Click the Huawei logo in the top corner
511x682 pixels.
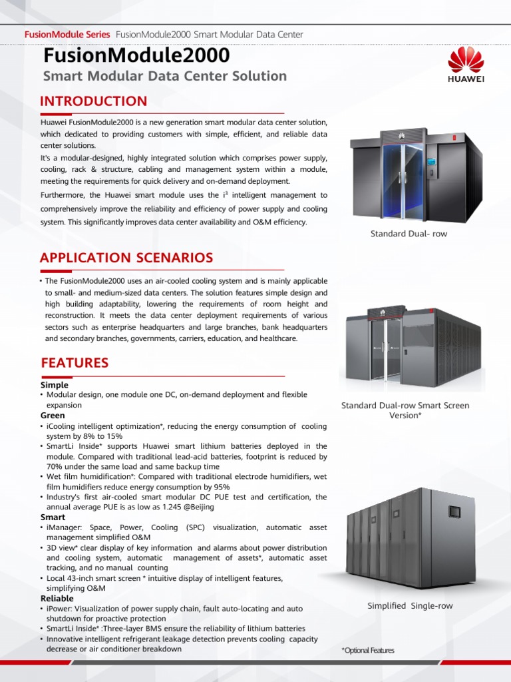[466, 65]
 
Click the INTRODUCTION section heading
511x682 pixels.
[93, 101]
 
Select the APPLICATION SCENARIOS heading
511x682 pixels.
[126, 258]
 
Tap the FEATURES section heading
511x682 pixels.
[75, 363]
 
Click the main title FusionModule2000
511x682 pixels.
[136, 55]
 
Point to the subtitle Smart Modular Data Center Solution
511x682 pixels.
[164, 76]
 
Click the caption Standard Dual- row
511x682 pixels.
[409, 234]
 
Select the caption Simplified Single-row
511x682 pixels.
[410, 605]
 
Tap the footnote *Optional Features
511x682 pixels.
[367, 651]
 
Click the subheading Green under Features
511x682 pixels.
[53, 415]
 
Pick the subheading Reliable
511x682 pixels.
[57, 598]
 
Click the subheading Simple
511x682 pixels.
[55, 384]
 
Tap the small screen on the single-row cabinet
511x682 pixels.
[454, 511]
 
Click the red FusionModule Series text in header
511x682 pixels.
[67, 34]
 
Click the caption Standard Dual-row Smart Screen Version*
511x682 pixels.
[405, 410]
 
